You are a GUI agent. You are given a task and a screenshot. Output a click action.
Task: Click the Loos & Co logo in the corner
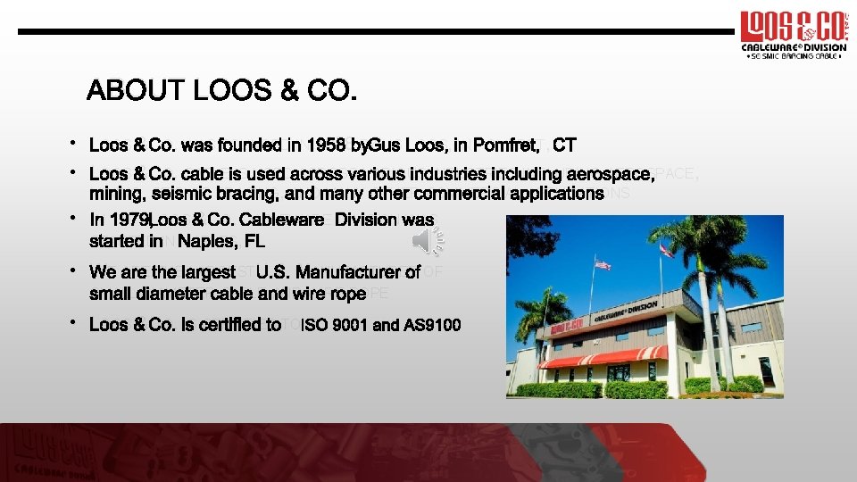pos(789,34)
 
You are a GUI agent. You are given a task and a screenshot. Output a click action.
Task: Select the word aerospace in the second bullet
pos(606,174)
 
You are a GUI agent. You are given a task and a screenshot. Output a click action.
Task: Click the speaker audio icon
pos(427,240)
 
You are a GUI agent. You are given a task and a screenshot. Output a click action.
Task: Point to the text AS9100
pos(432,325)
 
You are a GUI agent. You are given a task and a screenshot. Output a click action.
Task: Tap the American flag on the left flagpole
pos(603,265)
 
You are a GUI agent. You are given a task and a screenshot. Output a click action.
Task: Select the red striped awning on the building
pos(603,356)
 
